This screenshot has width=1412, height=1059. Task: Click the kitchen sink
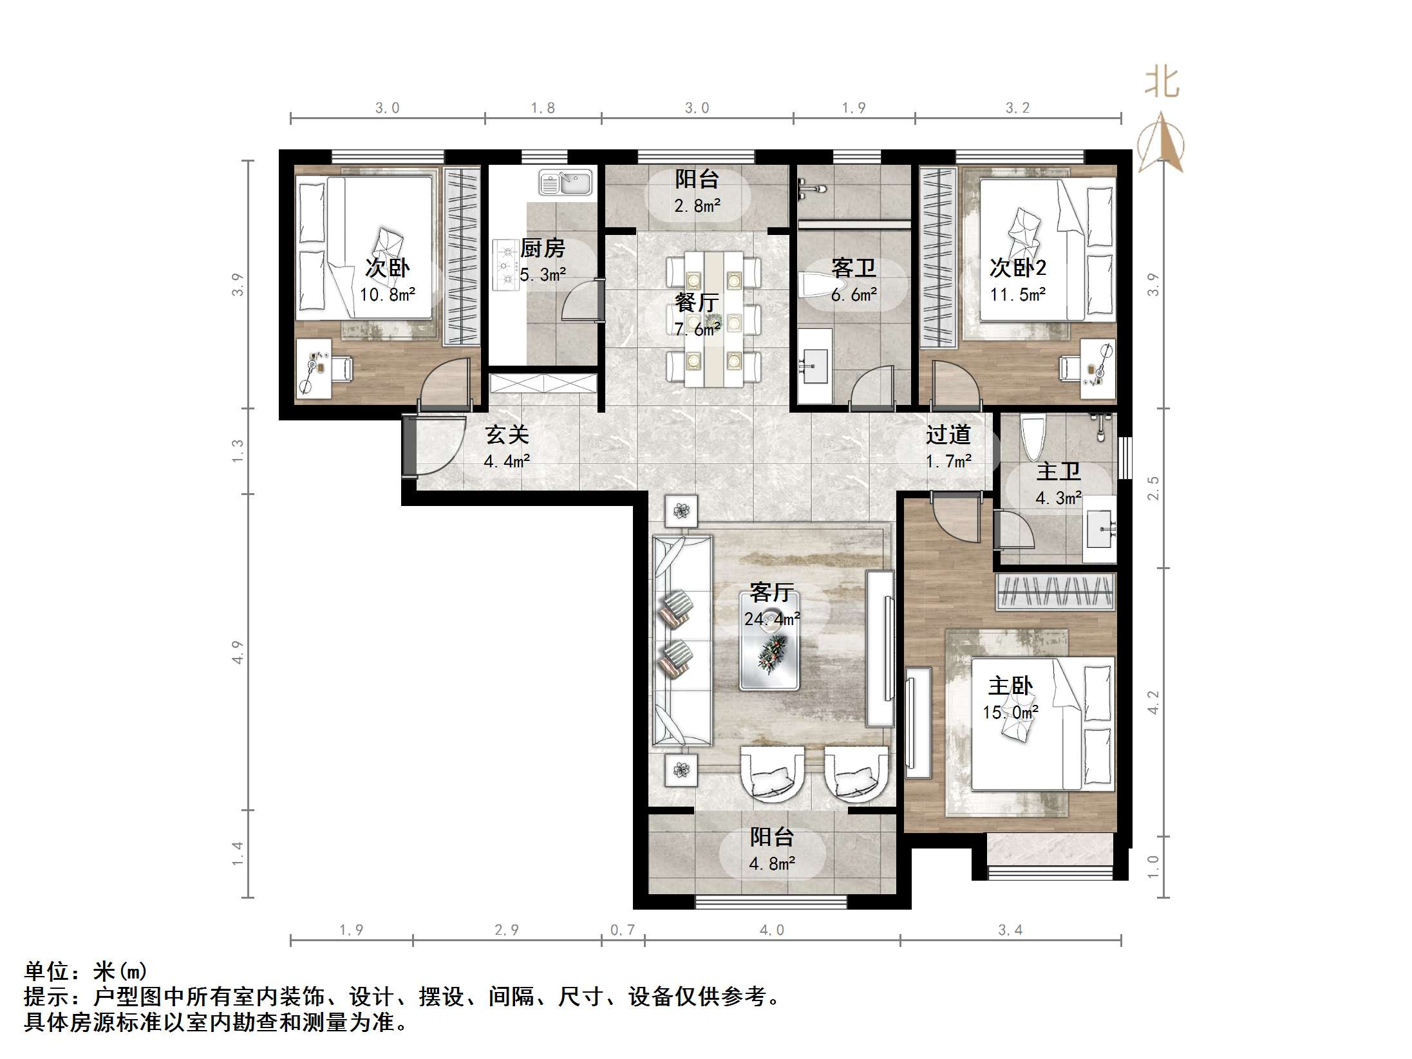tap(565, 182)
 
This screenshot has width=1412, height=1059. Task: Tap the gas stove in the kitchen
tap(506, 265)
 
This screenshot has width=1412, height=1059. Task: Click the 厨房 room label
tap(543, 248)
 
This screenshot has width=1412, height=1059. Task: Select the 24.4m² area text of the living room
tap(772, 619)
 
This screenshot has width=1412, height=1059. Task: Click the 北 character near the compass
tap(1162, 82)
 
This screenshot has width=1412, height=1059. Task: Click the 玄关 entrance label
tap(507, 435)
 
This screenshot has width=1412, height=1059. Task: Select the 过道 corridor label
tap(948, 435)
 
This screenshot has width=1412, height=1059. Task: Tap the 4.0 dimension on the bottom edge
tap(772, 930)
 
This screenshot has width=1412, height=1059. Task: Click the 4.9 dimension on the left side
tap(238, 651)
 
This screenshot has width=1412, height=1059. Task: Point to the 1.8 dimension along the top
tap(543, 108)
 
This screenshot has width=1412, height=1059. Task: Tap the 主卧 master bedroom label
tap(1011, 686)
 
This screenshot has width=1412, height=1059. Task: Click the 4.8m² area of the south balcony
tap(772, 863)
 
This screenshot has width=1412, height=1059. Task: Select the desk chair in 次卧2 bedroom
tap(1070, 368)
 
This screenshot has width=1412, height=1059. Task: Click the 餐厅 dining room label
tap(697, 302)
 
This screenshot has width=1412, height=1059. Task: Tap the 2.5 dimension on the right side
tap(1153, 487)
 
